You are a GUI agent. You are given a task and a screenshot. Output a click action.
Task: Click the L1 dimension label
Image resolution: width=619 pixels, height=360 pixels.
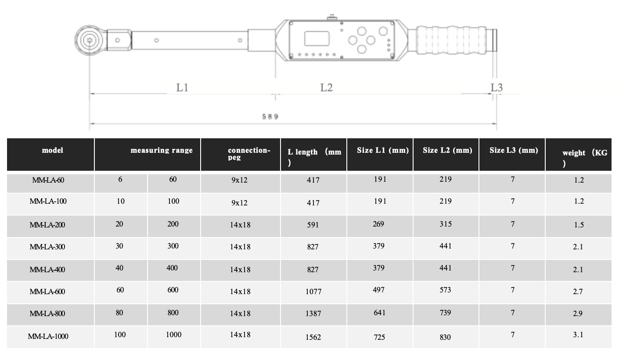tap(182, 87)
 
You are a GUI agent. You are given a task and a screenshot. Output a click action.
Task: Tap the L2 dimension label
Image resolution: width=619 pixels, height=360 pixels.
tap(326, 87)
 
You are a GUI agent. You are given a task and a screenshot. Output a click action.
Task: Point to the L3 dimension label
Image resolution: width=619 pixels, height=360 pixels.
tap(497, 87)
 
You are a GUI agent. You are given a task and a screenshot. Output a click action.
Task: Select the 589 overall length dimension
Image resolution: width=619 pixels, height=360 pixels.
tap(270, 117)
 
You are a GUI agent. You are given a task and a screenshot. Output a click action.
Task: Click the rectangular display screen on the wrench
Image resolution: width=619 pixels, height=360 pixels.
tap(317, 38)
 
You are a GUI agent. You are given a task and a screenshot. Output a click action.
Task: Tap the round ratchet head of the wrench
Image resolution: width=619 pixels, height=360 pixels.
tap(89, 40)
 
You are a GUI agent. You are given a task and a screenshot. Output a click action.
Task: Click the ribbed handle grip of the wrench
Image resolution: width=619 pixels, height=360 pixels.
tap(451, 40)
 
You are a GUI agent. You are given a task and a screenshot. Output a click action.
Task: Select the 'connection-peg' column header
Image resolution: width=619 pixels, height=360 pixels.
tap(249, 154)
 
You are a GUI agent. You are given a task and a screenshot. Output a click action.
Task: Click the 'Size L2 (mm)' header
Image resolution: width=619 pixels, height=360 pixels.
tap(447, 150)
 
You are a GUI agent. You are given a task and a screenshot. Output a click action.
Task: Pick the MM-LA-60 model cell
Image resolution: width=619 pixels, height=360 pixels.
tap(48, 180)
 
